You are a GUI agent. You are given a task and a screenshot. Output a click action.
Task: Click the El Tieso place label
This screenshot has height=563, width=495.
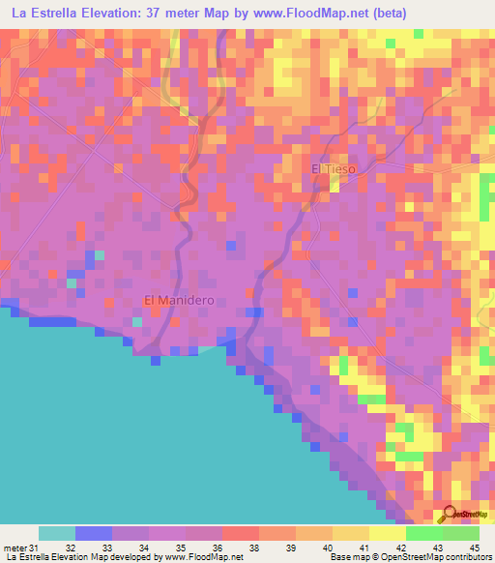point(334,169)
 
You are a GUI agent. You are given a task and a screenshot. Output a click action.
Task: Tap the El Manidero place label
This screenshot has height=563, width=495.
point(179,301)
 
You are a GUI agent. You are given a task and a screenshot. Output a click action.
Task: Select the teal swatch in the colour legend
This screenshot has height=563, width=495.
point(57,534)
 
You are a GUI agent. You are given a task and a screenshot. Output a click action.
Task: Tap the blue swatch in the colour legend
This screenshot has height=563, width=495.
point(94,534)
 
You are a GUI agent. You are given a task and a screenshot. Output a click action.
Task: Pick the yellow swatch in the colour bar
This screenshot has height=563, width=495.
point(387,534)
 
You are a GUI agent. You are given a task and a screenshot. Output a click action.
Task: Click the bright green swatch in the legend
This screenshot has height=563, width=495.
point(423,534)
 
